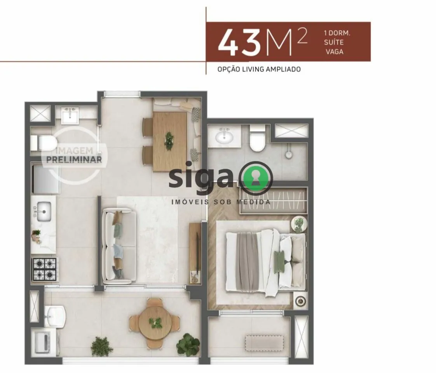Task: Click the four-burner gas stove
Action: pyautogui.click(x=45, y=269)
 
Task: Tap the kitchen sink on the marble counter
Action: pyautogui.click(x=44, y=211)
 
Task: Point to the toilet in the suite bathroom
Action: pyautogui.click(x=258, y=138)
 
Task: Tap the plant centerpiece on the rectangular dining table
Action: pyautogui.click(x=169, y=141)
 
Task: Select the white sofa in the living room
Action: pyautogui.click(x=119, y=246)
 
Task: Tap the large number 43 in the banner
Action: pyautogui.click(x=239, y=42)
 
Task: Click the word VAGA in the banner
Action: pyautogui.click(x=335, y=52)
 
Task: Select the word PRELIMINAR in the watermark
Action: pyautogui.click(x=74, y=159)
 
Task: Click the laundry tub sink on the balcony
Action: pyautogui.click(x=55, y=316)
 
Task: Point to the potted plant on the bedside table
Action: pyautogui.click(x=299, y=224)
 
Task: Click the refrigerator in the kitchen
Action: pyautogui.click(x=45, y=179)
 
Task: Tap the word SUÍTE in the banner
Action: pyautogui.click(x=334, y=42)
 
